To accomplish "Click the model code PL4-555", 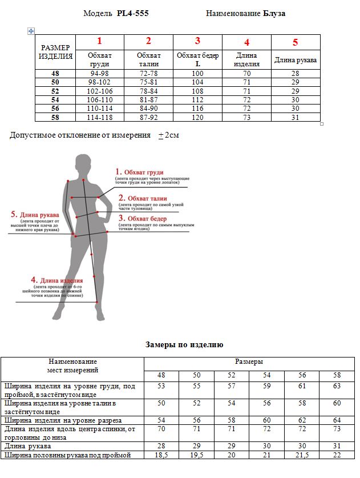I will click(x=132, y=13).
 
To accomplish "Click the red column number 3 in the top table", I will click(x=197, y=41).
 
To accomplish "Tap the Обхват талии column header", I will click(x=148, y=59).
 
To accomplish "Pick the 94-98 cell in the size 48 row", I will click(x=99, y=74).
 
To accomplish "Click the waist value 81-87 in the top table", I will click(x=148, y=99).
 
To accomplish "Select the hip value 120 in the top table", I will click(x=197, y=117).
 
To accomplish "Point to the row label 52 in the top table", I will click(x=55, y=91).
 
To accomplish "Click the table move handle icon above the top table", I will click(x=31, y=31).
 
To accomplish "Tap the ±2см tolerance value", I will click(x=169, y=135).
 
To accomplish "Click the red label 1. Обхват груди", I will click(x=140, y=172).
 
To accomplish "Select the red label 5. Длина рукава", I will click(x=35, y=214).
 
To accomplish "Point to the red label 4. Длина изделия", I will click(x=57, y=280).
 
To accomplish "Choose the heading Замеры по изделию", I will click(x=184, y=344).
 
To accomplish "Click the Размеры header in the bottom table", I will click(x=249, y=362).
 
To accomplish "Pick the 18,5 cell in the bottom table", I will click(x=161, y=455).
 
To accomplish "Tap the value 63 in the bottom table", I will click(x=337, y=387).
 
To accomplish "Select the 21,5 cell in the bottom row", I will click(x=302, y=455).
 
